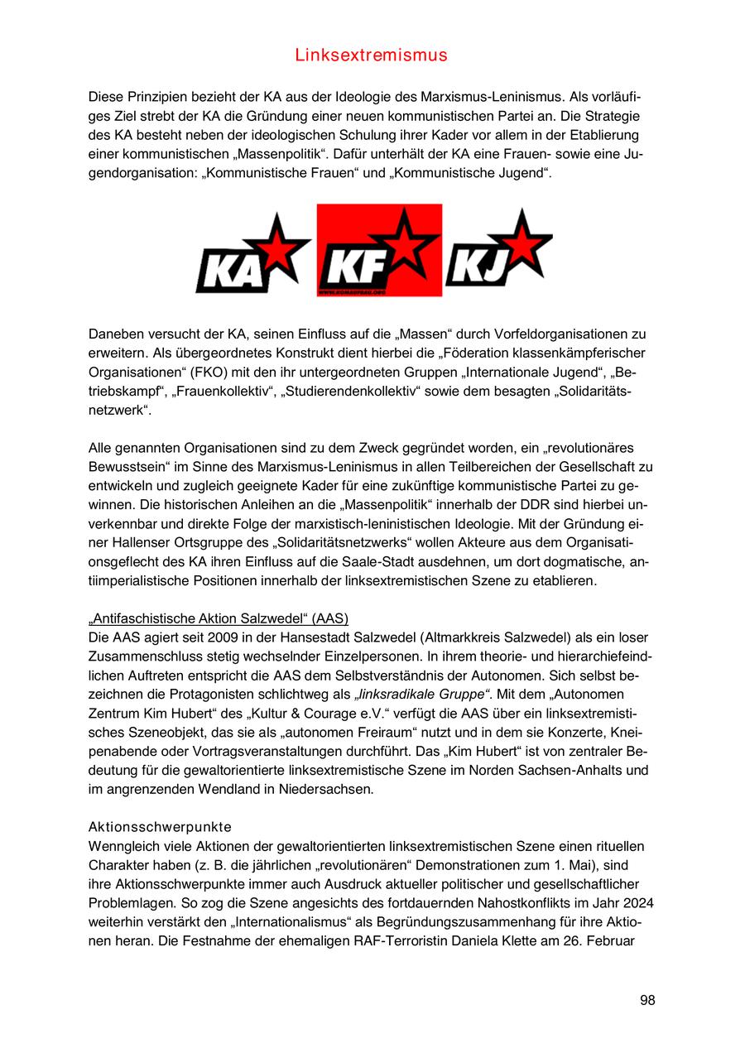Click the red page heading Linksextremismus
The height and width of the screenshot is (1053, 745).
click(x=371, y=55)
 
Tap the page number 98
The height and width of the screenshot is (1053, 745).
click(x=647, y=1000)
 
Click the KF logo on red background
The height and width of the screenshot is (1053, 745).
click(x=379, y=250)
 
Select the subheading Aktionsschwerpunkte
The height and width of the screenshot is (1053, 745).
click(x=160, y=827)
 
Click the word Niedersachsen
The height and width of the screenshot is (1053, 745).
click(x=329, y=790)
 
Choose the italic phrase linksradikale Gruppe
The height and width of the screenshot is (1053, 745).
click(x=422, y=695)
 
